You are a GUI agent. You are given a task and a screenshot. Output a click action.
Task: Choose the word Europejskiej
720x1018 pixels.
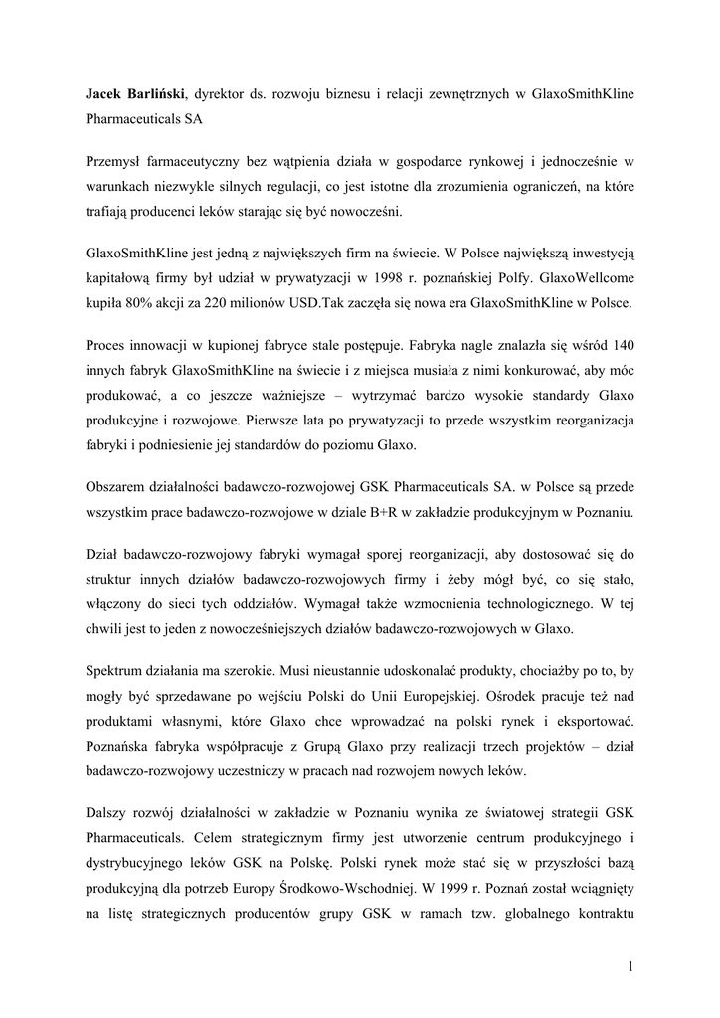coord(458,698)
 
